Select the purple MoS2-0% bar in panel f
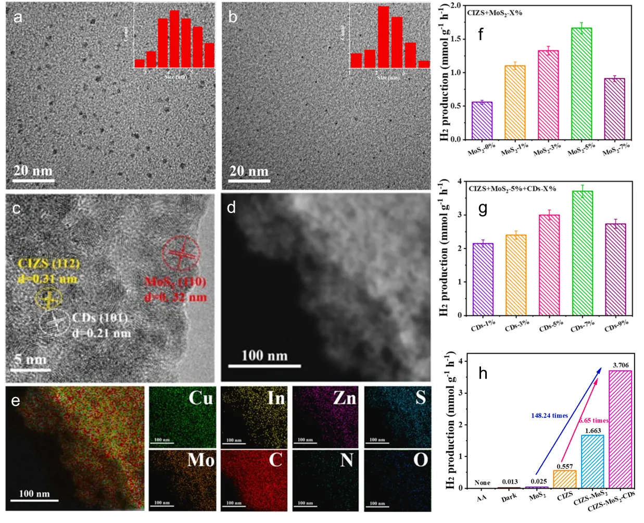coord(482,120)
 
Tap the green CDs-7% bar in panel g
coord(582,253)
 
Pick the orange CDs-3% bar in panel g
coord(516,275)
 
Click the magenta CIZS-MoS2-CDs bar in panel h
coord(620,429)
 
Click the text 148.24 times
coord(549,416)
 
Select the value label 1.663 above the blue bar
coord(591,431)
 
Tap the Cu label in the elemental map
coord(200,398)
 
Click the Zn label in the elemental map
coord(344,398)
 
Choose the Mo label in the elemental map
coord(200,460)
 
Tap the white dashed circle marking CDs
coord(55,323)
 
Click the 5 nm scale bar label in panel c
coord(30,359)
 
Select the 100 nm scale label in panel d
coord(264,356)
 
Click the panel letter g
coord(483,208)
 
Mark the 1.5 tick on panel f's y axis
coord(456,39)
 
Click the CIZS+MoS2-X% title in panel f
coord(495,13)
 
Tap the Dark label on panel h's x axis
coord(509,496)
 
